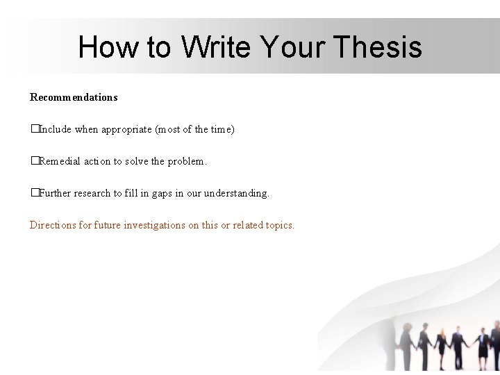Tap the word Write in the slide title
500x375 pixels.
coord(216,47)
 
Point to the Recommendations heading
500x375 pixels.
coord(74,97)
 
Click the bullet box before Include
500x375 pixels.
coord(33,129)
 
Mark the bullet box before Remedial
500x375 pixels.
coord(33,161)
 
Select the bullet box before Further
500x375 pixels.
coord(33,193)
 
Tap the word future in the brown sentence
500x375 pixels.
coord(108,225)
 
